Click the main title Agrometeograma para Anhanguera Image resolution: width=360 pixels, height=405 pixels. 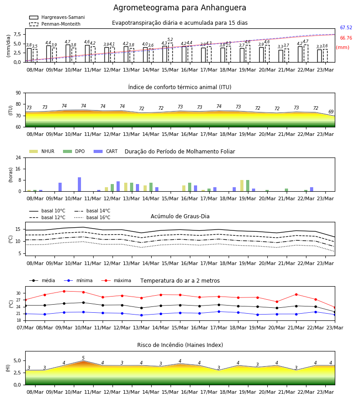(x=180, y=8)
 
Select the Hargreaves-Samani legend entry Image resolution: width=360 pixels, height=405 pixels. (x=57, y=17)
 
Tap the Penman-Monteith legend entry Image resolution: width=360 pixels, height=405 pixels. (x=55, y=24)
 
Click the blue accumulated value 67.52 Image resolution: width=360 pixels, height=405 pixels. (x=346, y=27)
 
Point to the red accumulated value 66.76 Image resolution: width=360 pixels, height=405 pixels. (x=346, y=38)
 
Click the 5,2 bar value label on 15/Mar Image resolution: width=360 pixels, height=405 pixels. (x=170, y=40)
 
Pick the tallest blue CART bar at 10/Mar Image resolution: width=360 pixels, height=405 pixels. (x=79, y=184)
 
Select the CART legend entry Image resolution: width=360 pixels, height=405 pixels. (x=106, y=151)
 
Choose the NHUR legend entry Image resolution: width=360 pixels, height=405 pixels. (x=42, y=151)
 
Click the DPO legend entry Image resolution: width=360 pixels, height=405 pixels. (x=74, y=151)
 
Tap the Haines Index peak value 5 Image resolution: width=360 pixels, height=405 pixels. (x=83, y=358)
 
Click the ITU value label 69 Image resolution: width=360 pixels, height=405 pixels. (x=331, y=112)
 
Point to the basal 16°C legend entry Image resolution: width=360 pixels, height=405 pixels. (x=92, y=217)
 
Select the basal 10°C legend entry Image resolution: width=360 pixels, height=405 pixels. (x=47, y=211)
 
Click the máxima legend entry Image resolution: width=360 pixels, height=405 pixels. (x=116, y=280)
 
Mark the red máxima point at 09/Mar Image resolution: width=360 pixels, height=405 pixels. (x=64, y=291)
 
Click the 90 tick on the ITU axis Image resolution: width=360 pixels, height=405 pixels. (x=18, y=93)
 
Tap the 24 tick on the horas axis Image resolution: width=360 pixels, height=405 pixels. (x=18, y=157)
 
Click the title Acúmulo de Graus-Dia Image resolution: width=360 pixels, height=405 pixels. (x=180, y=216)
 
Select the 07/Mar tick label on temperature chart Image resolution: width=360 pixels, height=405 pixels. (x=25, y=328)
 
